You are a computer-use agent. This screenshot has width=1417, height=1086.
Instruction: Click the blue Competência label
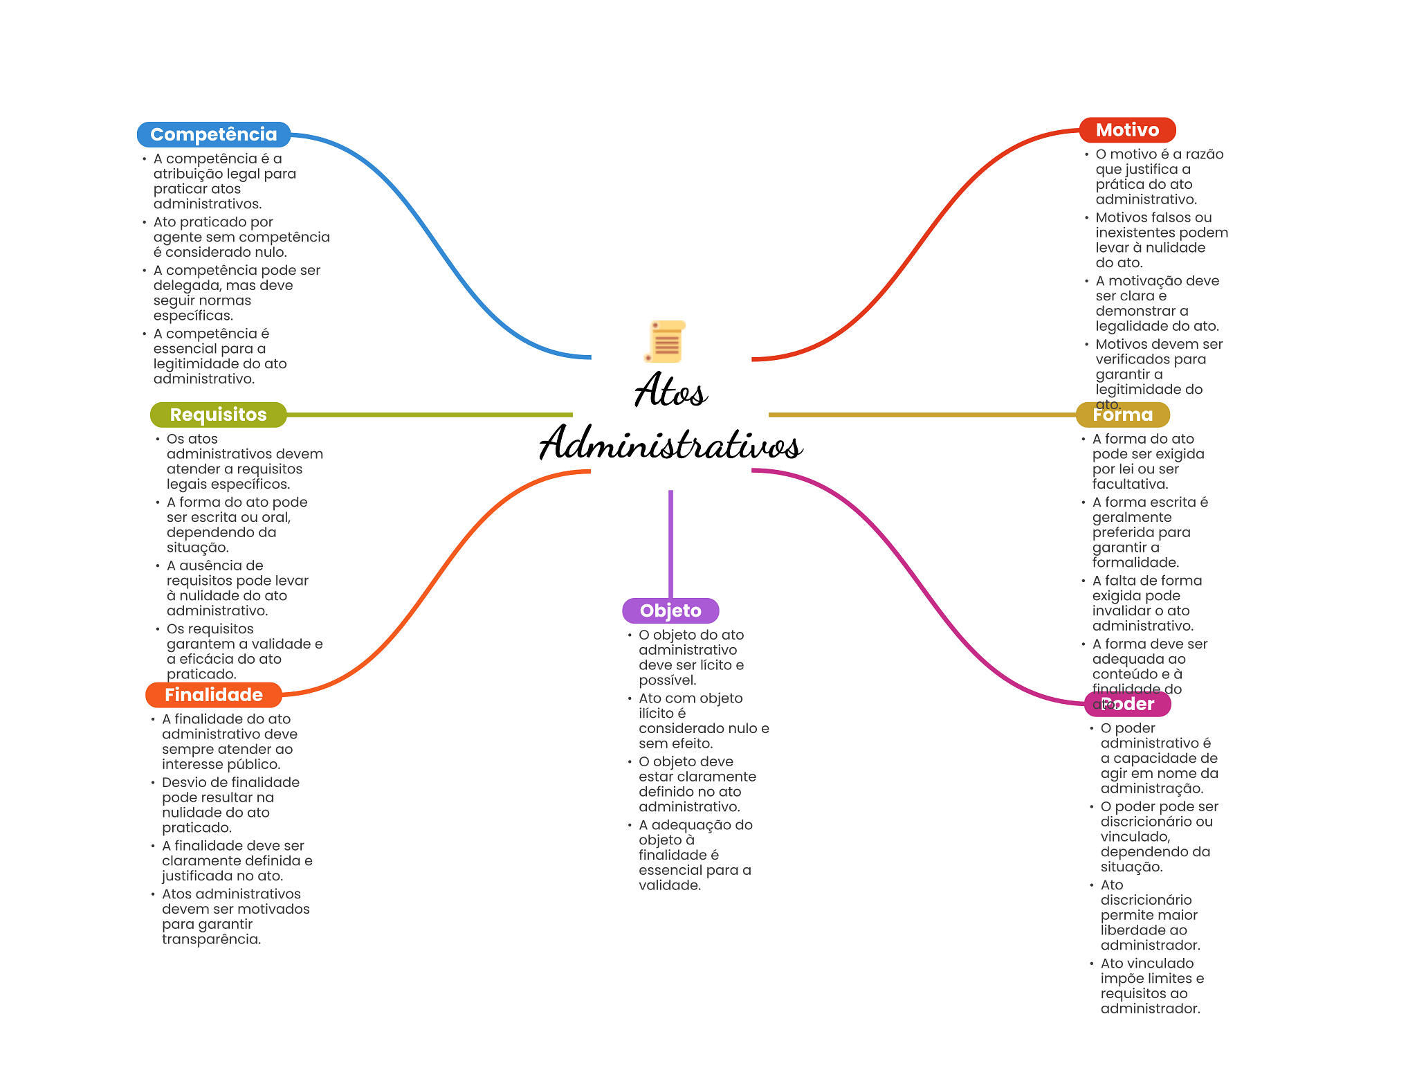[213, 134]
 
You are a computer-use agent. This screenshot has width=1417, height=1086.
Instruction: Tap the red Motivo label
[1126, 130]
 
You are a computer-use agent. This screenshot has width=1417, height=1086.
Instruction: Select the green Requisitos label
[218, 415]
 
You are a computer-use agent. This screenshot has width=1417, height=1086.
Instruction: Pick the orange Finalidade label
[213, 695]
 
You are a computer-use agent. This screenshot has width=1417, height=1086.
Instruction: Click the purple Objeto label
[670, 610]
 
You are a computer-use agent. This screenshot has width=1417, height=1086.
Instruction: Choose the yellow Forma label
[1122, 415]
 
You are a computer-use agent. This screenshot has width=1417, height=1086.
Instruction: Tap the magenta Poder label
[1127, 704]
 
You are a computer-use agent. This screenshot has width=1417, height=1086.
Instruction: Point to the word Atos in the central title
[670, 391]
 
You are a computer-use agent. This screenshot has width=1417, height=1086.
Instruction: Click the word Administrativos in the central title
[670, 444]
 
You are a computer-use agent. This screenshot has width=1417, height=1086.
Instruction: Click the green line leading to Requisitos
[429, 415]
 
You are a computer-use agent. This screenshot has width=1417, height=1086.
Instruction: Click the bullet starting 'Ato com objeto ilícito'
[702, 721]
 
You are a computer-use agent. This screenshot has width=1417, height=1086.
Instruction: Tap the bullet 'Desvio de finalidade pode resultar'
[230, 805]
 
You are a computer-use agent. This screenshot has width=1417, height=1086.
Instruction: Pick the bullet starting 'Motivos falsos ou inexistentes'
[1160, 240]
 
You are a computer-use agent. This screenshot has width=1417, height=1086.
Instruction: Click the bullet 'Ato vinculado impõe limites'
[1151, 986]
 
